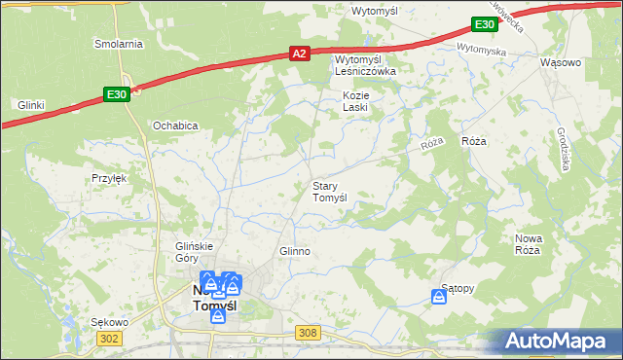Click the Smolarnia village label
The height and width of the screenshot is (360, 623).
tap(119, 44)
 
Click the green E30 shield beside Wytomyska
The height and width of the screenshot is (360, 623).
tap(485, 25)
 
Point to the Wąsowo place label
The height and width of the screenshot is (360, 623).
tap(561, 62)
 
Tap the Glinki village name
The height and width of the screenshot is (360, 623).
tap(32, 104)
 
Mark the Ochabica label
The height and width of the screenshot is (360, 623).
tap(175, 126)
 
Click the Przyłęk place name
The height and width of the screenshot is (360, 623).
tap(110, 178)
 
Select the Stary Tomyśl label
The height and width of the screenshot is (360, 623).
tap(329, 191)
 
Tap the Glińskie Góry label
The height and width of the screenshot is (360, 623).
tap(193, 252)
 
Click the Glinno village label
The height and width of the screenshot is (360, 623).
tap(294, 251)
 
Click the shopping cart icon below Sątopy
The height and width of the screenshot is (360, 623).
tap(439, 299)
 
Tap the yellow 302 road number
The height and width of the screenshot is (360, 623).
tap(110, 337)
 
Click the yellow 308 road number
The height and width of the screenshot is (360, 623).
tap(309, 333)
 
